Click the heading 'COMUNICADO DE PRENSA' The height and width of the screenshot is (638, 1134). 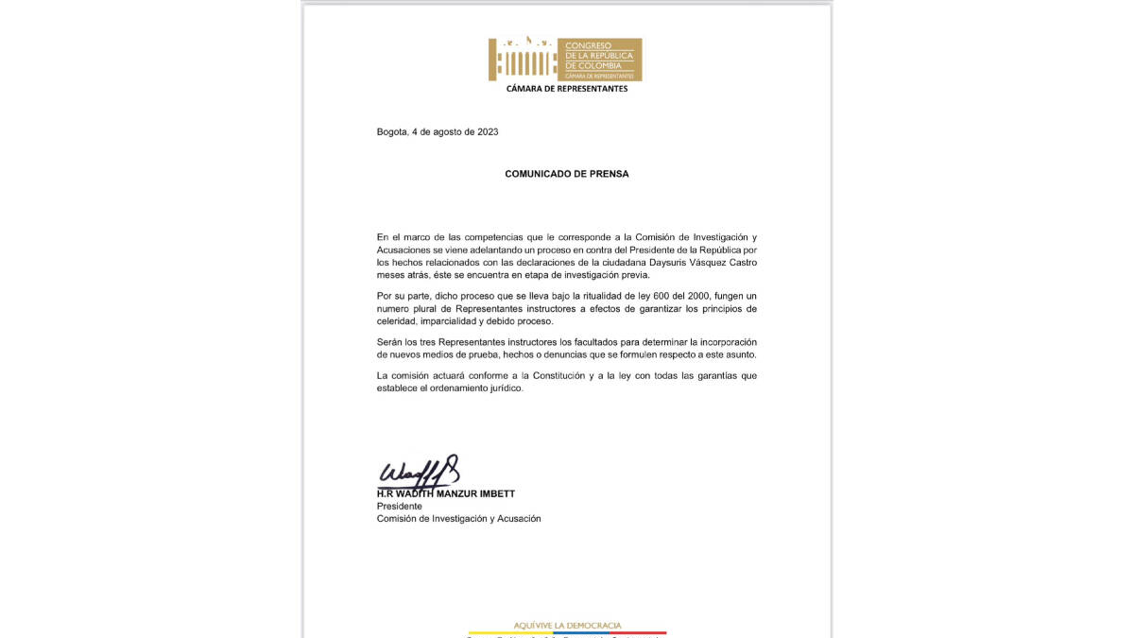pyautogui.click(x=566, y=174)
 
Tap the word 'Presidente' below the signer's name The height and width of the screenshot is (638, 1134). pyautogui.click(x=400, y=507)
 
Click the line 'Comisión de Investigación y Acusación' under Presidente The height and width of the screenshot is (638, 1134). pyautogui.click(x=458, y=519)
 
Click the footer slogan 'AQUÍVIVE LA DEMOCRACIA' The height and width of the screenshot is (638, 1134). pyautogui.click(x=567, y=625)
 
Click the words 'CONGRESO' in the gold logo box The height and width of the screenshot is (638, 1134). pyautogui.click(x=588, y=45)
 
